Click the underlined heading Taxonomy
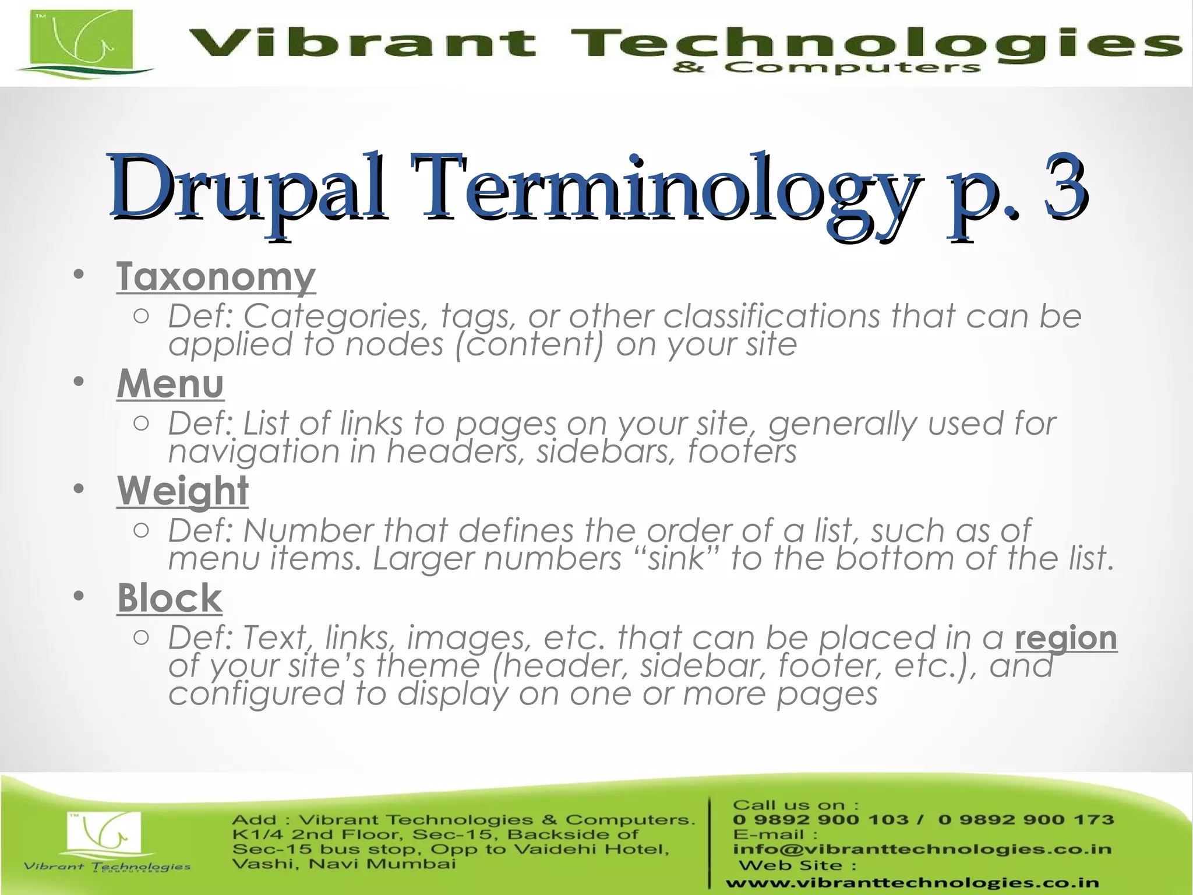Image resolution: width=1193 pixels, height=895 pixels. click(216, 276)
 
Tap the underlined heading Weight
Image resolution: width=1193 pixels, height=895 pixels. click(183, 491)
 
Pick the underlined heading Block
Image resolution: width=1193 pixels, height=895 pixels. click(170, 598)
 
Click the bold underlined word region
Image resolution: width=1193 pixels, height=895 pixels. click(1065, 639)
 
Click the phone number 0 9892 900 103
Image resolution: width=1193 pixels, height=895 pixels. click(820, 820)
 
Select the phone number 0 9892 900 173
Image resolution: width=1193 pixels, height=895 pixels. click(1026, 820)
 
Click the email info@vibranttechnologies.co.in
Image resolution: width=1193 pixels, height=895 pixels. click(922, 849)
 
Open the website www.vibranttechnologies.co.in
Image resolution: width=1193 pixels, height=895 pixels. click(912, 883)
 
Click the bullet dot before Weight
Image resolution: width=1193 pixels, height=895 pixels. click(79, 489)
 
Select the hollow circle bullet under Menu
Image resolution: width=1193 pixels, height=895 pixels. click(141, 424)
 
